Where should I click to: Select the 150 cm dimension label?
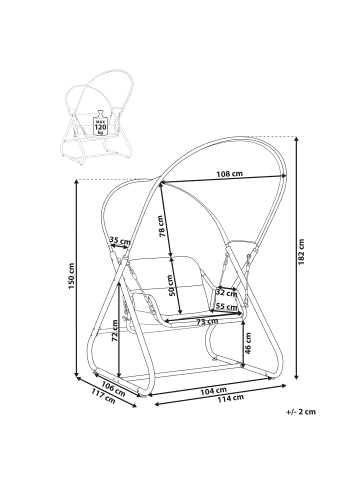(x=71, y=276)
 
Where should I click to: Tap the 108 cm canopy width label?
(x=229, y=174)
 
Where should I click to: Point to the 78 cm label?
(x=161, y=226)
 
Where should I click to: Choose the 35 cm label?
(x=120, y=240)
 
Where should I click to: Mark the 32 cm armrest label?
(x=226, y=293)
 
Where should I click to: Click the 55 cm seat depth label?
(x=226, y=306)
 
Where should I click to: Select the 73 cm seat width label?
(x=207, y=321)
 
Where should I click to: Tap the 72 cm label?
(x=114, y=330)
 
